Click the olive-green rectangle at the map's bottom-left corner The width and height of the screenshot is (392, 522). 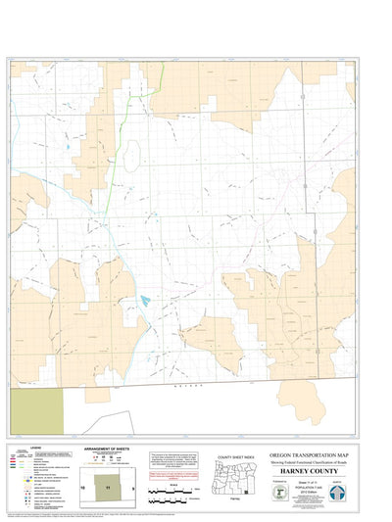coord(35,408)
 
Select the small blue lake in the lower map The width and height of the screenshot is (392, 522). coord(144,299)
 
